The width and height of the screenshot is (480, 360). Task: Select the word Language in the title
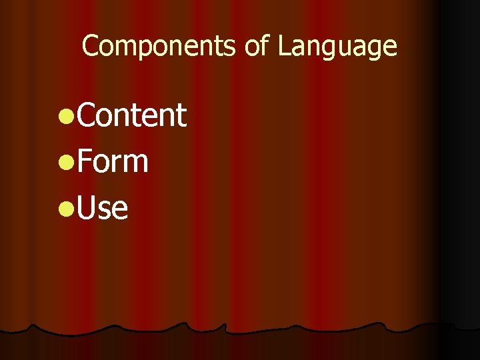338,47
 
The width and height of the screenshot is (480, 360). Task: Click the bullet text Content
131,115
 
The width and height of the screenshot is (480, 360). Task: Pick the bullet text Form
112,162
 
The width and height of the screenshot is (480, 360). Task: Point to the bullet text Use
101,208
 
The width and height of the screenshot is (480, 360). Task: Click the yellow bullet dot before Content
65,117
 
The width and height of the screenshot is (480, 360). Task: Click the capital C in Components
89,46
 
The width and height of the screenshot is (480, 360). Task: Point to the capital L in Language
283,46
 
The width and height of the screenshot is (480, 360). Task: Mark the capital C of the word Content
85,115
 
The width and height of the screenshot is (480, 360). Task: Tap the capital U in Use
86,208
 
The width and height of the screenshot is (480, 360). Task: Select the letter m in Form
134,165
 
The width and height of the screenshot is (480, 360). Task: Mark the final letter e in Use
119,211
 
